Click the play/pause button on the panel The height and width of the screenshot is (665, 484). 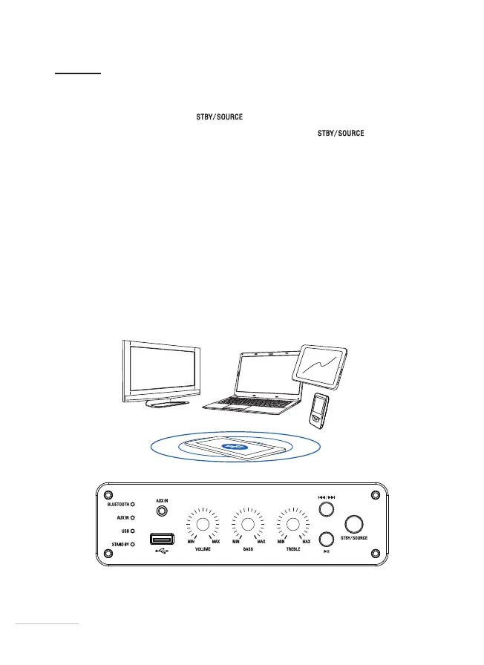[324, 539]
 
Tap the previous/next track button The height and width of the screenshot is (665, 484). [324, 509]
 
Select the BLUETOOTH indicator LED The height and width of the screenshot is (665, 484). [133, 504]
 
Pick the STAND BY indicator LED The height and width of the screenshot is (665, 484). [133, 544]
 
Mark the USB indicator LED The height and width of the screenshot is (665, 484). [133, 531]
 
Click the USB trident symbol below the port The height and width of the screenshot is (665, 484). [162, 552]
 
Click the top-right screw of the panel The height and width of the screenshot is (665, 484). [375, 495]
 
